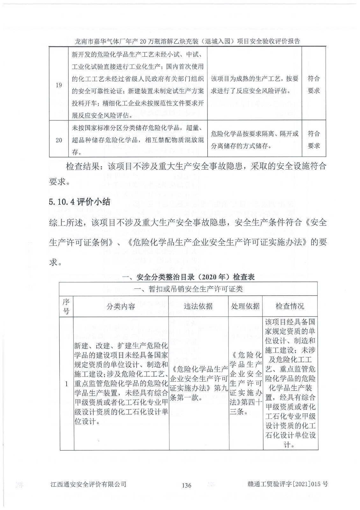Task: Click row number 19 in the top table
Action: [x=59, y=85]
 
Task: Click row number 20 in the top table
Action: [x=59, y=140]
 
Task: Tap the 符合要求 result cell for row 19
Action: [x=313, y=84]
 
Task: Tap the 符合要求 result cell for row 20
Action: [x=313, y=140]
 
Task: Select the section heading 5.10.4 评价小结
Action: [x=79, y=202]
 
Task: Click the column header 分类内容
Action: [x=121, y=306]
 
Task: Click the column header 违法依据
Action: [x=198, y=306]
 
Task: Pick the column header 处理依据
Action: [x=245, y=306]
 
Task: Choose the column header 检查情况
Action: [x=290, y=306]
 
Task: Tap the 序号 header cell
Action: [x=66, y=306]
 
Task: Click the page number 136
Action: [x=186, y=485]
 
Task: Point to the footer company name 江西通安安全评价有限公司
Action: [x=88, y=484]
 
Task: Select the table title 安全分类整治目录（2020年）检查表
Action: [x=189, y=277]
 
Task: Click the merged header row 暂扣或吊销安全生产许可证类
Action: [x=189, y=289]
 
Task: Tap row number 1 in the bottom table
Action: [x=67, y=384]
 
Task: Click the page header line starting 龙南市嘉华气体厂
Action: [x=187, y=41]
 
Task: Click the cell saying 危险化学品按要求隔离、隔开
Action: [x=255, y=140]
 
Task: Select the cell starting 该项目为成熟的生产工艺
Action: [x=255, y=84]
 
